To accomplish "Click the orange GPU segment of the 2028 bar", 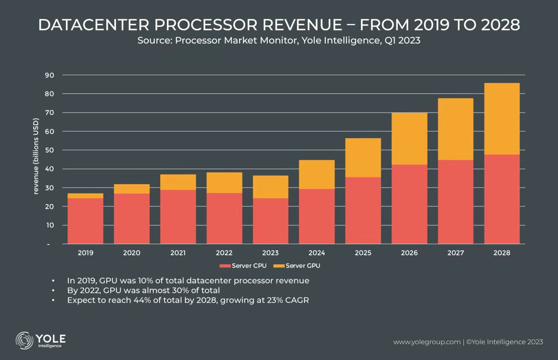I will pos(501,119).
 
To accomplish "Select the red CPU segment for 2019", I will pos(85,221).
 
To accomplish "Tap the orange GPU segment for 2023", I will pos(270,187).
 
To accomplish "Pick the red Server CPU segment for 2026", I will pos(409,204).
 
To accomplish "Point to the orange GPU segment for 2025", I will pos(363,158).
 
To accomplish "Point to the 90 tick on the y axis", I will pos(49,75).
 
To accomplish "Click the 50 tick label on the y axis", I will pos(49,150).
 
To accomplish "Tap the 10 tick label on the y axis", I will pos(49,225).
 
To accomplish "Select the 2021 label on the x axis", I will pos(178,253).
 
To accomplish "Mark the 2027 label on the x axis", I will pos(456,253).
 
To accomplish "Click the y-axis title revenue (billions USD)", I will pos(36,156).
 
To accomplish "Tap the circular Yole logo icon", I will pos(25,340).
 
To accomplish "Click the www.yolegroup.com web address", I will pos(427,342).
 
